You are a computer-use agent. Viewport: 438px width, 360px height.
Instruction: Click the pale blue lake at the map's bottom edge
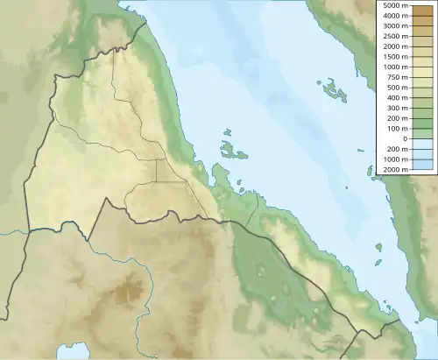point(73,353)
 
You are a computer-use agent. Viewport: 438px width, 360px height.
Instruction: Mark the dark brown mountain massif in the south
point(131,289)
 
